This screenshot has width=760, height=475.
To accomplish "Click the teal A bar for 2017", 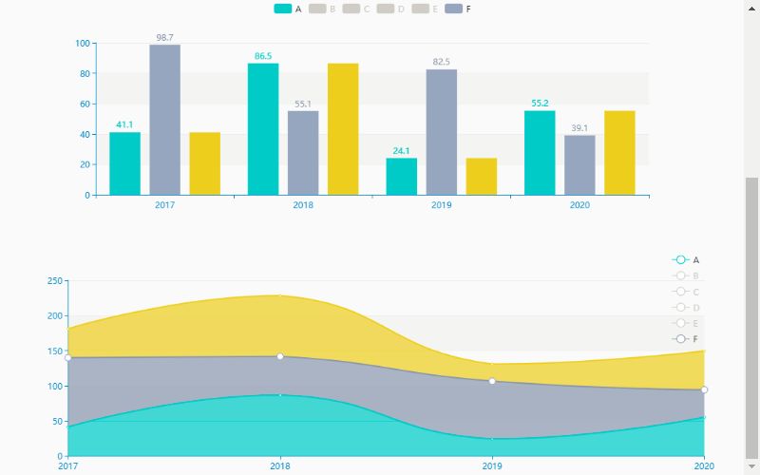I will click(x=124, y=163).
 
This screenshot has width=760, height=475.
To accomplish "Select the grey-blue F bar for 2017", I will click(x=164, y=120).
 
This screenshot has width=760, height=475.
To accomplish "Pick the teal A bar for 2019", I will click(x=401, y=177).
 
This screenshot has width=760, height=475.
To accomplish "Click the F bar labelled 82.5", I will click(x=442, y=132).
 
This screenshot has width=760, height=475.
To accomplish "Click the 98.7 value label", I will click(x=164, y=38).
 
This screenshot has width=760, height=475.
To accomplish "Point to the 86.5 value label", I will click(x=263, y=56).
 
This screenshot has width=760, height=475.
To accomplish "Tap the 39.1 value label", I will click(x=579, y=128).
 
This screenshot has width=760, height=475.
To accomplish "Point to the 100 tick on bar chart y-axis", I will click(x=83, y=44).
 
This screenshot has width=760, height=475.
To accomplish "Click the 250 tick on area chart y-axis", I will click(x=54, y=281).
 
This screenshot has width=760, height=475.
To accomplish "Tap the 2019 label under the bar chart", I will click(x=441, y=205).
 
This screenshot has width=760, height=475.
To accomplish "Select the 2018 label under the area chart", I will click(x=280, y=466).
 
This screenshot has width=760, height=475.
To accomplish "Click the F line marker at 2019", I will click(x=492, y=381).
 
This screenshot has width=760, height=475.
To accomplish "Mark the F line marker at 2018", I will click(x=280, y=356).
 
